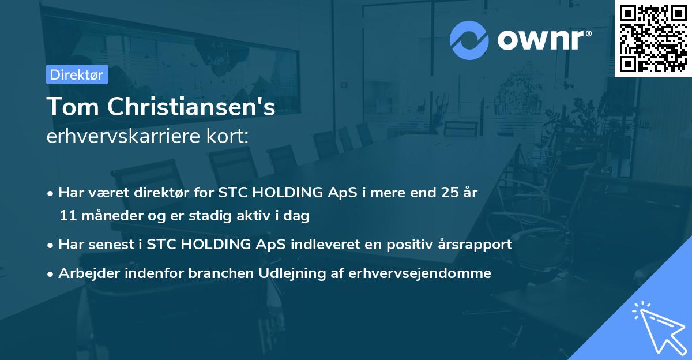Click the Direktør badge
[77, 74]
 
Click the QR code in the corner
[653, 38]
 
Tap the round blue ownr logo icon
[469, 40]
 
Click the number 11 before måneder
[67, 216]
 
